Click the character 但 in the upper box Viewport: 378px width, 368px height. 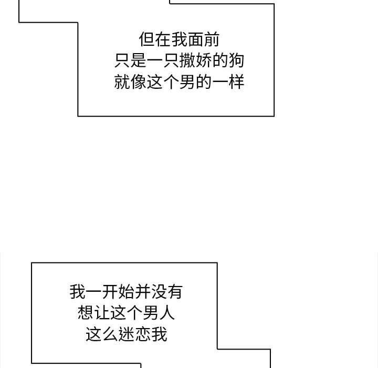(147, 39)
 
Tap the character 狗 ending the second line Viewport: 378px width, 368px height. (236, 60)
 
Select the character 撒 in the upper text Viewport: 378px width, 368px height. (187, 60)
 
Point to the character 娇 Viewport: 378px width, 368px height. (204, 60)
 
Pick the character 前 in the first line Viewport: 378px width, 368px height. (212, 39)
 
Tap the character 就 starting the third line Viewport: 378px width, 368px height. (122, 81)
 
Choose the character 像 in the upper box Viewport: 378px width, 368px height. (139, 81)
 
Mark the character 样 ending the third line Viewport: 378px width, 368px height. (236, 81)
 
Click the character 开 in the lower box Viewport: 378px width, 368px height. (110, 292)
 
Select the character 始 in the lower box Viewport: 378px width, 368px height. (126, 292)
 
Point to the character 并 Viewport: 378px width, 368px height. (142, 292)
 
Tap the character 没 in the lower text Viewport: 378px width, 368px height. (159, 292)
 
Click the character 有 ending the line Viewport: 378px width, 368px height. (175, 292)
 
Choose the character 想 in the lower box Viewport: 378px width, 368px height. (86, 313)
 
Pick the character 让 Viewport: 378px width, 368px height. (102, 313)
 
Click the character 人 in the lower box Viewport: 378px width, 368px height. (166, 313)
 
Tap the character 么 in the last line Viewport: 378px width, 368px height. (110, 334)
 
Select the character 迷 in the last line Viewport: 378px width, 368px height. (126, 334)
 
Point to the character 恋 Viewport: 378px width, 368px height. (142, 334)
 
